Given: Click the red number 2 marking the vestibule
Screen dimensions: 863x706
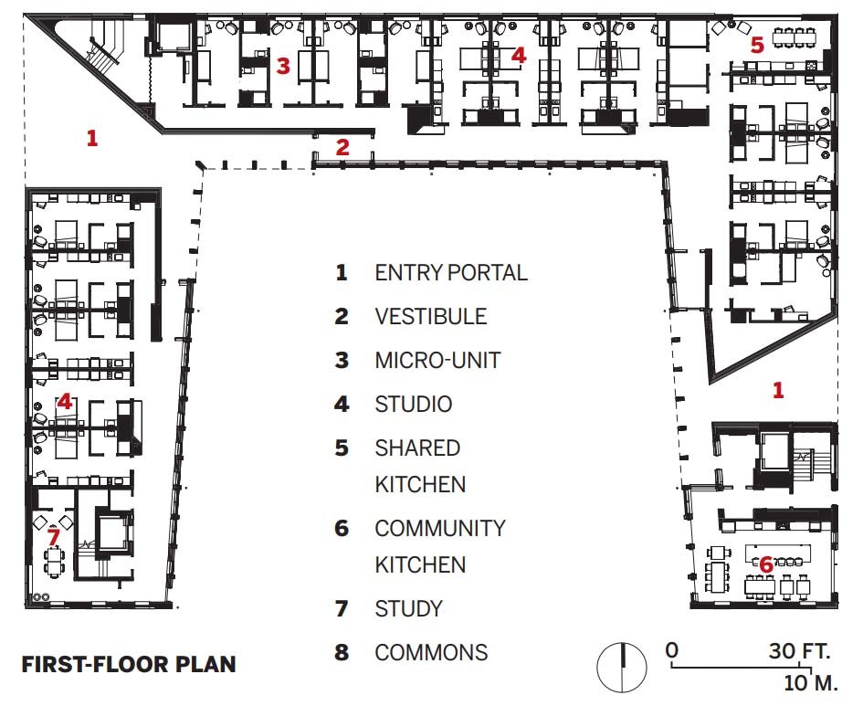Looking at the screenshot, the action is click(x=342, y=147).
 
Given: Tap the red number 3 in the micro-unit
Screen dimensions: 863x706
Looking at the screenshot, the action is click(x=283, y=66).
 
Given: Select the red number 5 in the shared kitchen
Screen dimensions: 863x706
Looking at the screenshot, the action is click(x=757, y=45).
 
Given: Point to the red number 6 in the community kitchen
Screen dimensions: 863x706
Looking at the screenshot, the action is click(x=766, y=564).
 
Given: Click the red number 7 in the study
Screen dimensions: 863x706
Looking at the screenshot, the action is click(x=53, y=536).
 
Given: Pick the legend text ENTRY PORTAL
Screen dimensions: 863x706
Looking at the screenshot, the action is click(x=451, y=272).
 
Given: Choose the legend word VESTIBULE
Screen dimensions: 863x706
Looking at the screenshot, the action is click(x=431, y=316).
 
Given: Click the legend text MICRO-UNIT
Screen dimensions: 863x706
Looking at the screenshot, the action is click(x=437, y=361).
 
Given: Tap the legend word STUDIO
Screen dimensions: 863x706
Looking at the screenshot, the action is click(x=414, y=405).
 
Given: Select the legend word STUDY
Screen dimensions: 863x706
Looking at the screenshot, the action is click(x=409, y=608).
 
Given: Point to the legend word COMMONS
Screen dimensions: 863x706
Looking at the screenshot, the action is click(x=431, y=653).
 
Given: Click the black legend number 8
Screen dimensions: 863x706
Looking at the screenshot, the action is click(x=342, y=653).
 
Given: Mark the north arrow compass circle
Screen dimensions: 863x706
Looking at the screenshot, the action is click(x=622, y=667).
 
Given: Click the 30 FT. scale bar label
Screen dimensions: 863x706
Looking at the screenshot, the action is click(x=800, y=651).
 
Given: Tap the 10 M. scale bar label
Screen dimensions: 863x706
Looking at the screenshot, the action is click(x=811, y=683).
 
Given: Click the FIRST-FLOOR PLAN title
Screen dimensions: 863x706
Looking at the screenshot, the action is click(x=129, y=664).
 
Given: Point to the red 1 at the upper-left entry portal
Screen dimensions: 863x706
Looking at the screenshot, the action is click(x=92, y=138).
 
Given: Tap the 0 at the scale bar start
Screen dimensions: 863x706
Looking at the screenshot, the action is click(x=671, y=650).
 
